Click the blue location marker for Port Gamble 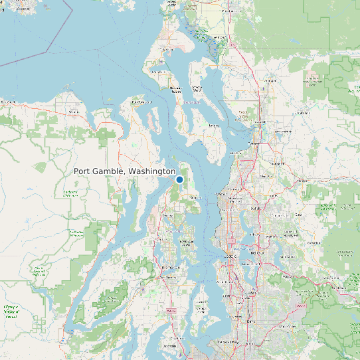pyautogui.click(x=179, y=179)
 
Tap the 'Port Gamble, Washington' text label pyautogui.click(x=124, y=171)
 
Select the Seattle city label pyautogui.click(x=232, y=255)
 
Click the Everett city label pyautogui.click(x=255, y=143)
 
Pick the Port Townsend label pyautogui.click(x=141, y=102)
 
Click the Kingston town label pyautogui.click(x=195, y=197)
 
